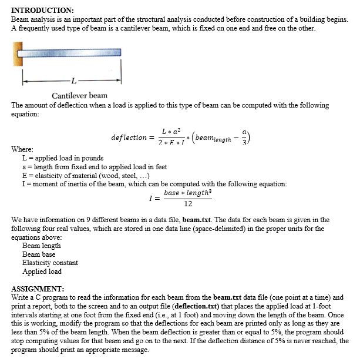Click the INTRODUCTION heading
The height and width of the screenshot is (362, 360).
point(42,11)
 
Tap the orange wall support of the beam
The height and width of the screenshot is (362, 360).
point(17,55)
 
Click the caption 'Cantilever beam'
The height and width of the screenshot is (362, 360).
point(79,95)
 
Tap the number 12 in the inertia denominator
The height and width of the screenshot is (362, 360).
point(187,204)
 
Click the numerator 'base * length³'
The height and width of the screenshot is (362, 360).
point(187,193)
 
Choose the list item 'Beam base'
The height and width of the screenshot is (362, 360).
point(39,254)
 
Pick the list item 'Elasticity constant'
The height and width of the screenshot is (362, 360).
point(50,263)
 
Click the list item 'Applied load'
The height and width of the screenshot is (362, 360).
point(42,271)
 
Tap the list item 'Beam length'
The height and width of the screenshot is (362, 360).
point(41,246)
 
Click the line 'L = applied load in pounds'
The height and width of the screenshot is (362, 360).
point(62,158)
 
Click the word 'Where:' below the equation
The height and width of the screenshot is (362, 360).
point(22,149)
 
